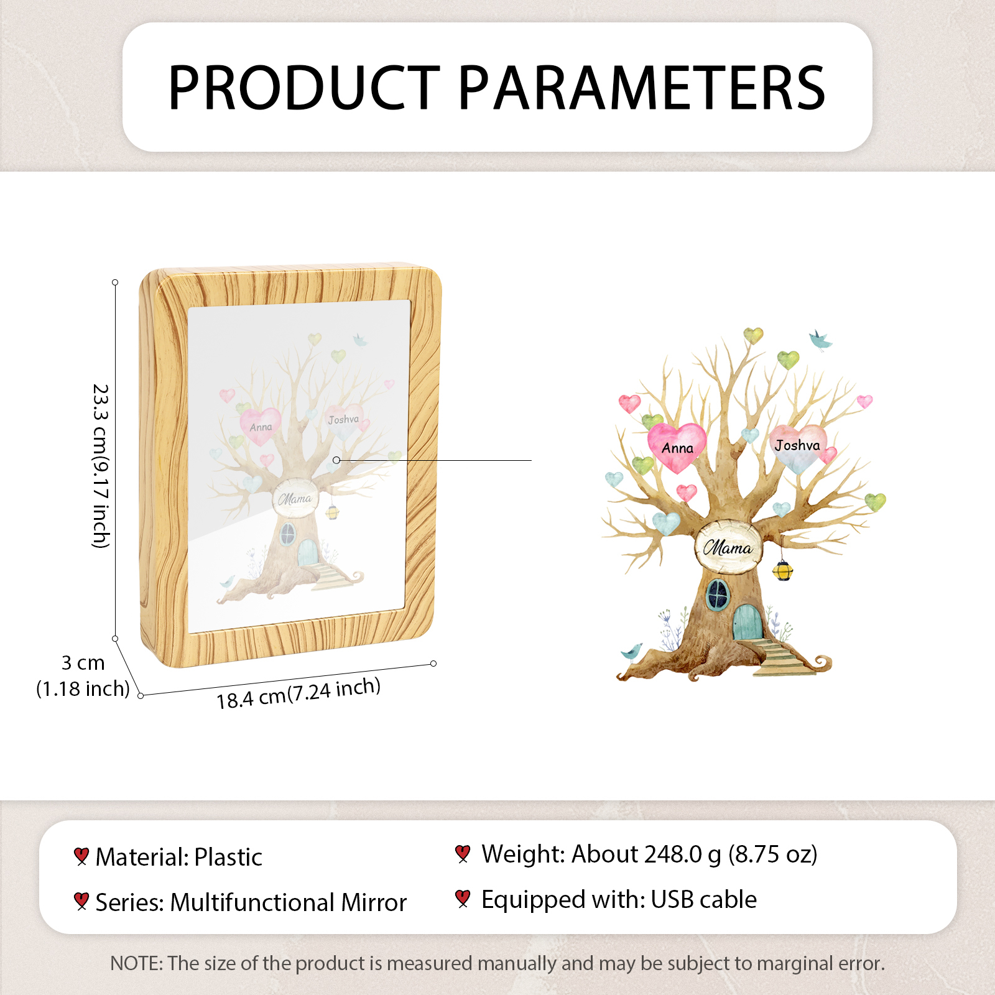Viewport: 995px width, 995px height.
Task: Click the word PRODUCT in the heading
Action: click(305, 88)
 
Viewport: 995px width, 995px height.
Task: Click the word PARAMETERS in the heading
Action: click(642, 88)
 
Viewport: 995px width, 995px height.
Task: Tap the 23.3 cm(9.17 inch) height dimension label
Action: click(101, 466)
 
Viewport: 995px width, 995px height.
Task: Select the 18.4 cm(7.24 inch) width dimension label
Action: click(298, 693)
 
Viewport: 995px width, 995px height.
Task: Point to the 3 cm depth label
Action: click(83, 663)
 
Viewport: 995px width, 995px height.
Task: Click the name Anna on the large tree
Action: click(677, 448)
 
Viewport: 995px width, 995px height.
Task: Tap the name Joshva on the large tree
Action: click(797, 445)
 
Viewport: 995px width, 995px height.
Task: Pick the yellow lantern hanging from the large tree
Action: click(783, 570)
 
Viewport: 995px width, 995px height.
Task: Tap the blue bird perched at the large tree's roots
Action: click(632, 652)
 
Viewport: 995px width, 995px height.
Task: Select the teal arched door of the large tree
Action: click(747, 622)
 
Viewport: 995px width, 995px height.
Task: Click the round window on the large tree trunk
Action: click(718, 595)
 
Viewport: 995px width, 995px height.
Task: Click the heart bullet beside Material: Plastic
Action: click(81, 856)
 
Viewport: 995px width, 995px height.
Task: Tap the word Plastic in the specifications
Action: click(228, 857)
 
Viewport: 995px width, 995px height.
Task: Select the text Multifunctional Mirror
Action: click(289, 902)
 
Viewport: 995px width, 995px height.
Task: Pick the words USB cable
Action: click(704, 899)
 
